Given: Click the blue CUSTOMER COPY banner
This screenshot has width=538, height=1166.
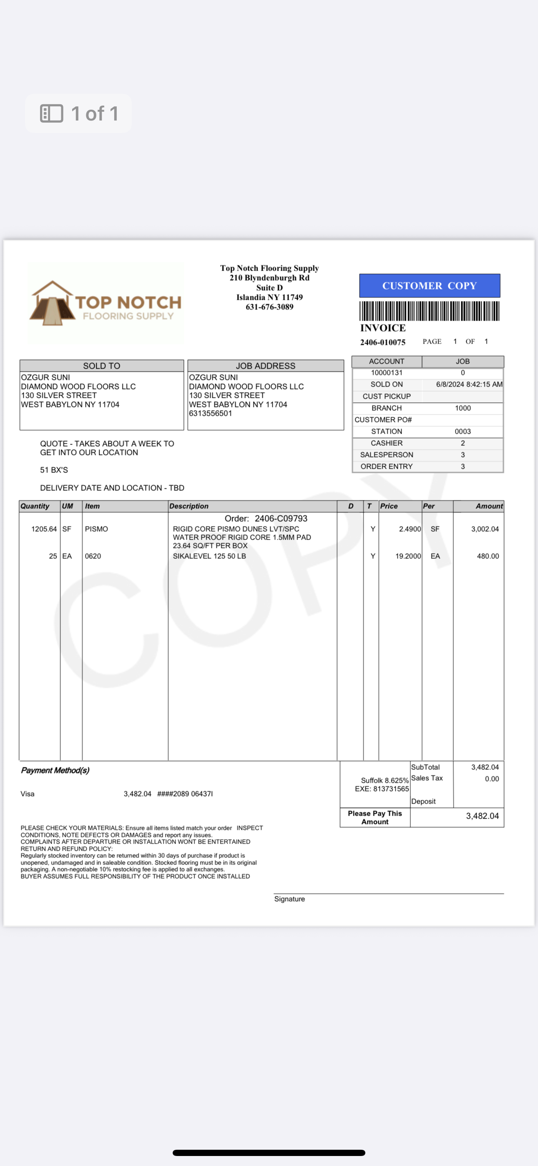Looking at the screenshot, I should pos(429,286).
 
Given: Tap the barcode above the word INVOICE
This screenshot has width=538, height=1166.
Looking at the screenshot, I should pos(429,311).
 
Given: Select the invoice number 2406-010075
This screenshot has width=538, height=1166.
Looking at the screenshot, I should pos(383,342).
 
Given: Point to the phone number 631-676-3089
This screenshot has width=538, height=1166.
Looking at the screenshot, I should pos(269,307).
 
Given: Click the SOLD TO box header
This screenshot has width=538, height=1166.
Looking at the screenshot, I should pos(101,366).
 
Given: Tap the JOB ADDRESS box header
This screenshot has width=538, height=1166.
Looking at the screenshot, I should pos(265,366).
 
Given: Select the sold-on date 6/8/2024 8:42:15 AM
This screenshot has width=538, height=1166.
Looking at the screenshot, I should pos(469,384).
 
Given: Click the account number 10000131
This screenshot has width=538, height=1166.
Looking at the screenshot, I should pos(386,372).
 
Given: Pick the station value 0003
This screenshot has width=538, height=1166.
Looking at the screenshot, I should pos(463,431).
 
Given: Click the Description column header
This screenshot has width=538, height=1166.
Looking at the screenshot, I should pos(189,506).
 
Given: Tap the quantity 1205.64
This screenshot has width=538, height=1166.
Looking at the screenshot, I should pos(44,529).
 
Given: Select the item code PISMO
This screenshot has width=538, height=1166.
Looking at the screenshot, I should pos(96,529).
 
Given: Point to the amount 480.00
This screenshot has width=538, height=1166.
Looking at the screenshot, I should pos(488,556).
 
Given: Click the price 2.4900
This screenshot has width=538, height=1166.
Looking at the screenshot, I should pos(410,529).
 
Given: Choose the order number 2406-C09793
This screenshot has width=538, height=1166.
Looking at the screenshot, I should pos(281,518).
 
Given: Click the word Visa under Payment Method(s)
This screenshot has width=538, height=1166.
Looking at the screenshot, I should pos(27,794).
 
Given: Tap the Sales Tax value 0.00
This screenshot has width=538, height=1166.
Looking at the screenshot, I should pos(492,779).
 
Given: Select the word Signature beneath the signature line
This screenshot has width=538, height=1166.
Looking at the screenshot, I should pos(289,899).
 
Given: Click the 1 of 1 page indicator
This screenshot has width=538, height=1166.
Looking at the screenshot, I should pos(79,113).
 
